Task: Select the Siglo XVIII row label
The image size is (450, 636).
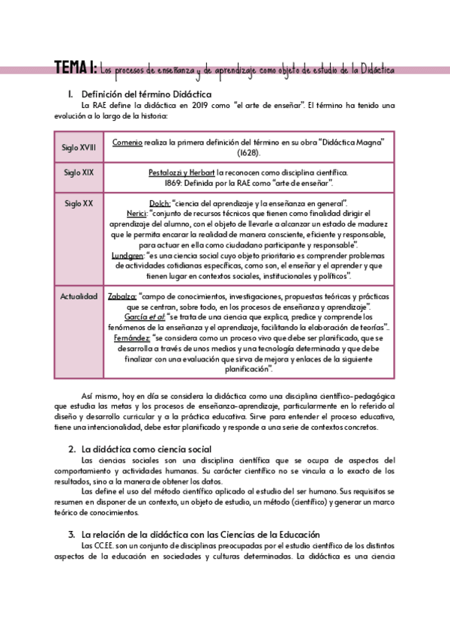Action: coord(79,147)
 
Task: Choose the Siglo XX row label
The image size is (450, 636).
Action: coord(79,203)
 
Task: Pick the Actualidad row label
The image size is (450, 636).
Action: coord(79,296)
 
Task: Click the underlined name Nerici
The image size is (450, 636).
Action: coord(136,214)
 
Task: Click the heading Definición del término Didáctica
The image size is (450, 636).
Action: coord(146,94)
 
